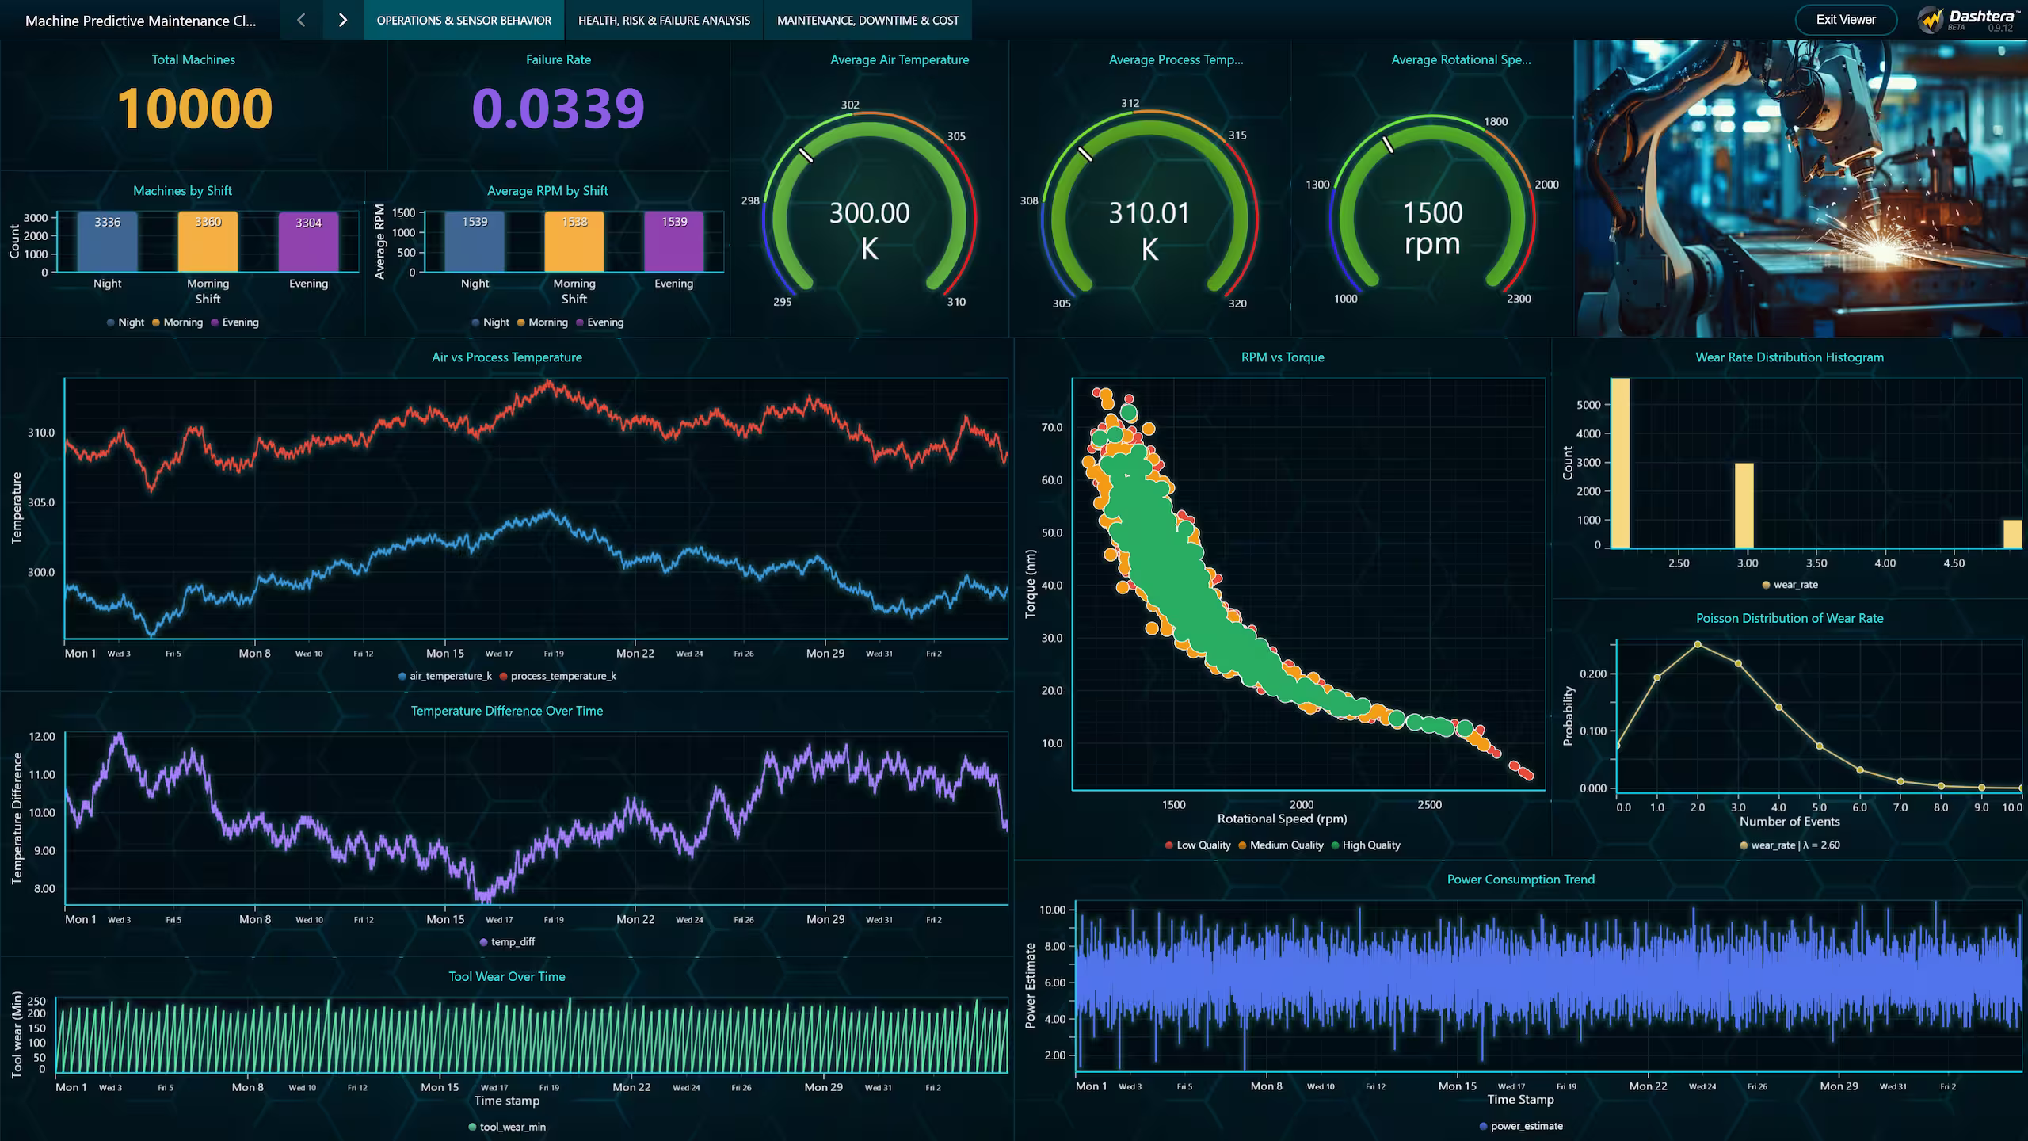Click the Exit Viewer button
[x=1845, y=20]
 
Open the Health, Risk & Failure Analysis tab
[x=664, y=21]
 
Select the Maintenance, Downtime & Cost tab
[x=867, y=21]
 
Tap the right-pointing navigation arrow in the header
[x=342, y=21]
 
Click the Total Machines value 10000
[x=194, y=109]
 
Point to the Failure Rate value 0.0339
[x=558, y=109]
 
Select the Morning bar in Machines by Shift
[x=208, y=242]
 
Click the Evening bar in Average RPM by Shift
[x=674, y=242]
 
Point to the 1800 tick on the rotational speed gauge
[x=1495, y=122]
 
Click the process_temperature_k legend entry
[x=562, y=676]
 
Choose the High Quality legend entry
[x=1370, y=845]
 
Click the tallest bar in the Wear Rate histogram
[x=1620, y=463]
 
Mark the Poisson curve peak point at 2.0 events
[x=1698, y=644]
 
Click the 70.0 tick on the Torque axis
[x=1052, y=428]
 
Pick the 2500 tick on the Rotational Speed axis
[x=1429, y=805]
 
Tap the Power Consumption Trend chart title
[x=1520, y=880]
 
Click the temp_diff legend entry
[x=512, y=942]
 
